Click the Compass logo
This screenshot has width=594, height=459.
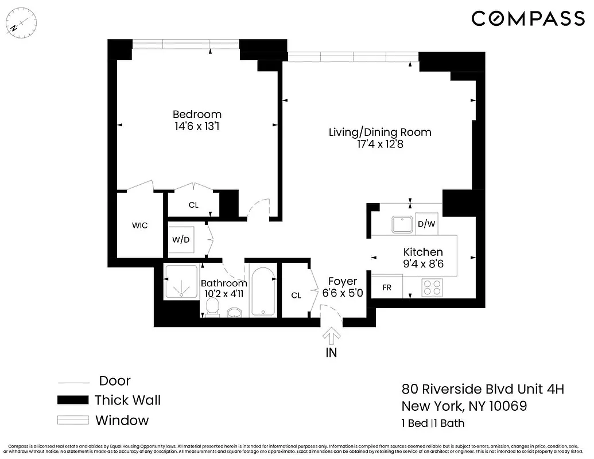pyautogui.click(x=527, y=18)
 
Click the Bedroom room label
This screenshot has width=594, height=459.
pyautogui.click(x=197, y=114)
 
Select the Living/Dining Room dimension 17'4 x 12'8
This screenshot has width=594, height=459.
pyautogui.click(x=379, y=145)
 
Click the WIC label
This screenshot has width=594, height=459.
pyautogui.click(x=140, y=225)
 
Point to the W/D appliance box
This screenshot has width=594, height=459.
pyautogui.click(x=182, y=240)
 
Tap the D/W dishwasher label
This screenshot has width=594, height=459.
pyautogui.click(x=425, y=224)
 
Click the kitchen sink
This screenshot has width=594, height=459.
pyautogui.click(x=402, y=224)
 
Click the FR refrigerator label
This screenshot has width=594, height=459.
pyautogui.click(x=387, y=287)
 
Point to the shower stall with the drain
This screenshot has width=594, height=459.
pyautogui.click(x=181, y=282)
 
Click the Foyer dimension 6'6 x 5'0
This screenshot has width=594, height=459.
pyautogui.click(x=343, y=294)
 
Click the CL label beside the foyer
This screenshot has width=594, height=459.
pyautogui.click(x=296, y=295)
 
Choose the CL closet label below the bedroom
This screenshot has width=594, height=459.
pyautogui.click(x=193, y=205)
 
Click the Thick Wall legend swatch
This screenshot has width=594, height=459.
pyautogui.click(x=73, y=400)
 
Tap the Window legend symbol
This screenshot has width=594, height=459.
pyautogui.click(x=73, y=421)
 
